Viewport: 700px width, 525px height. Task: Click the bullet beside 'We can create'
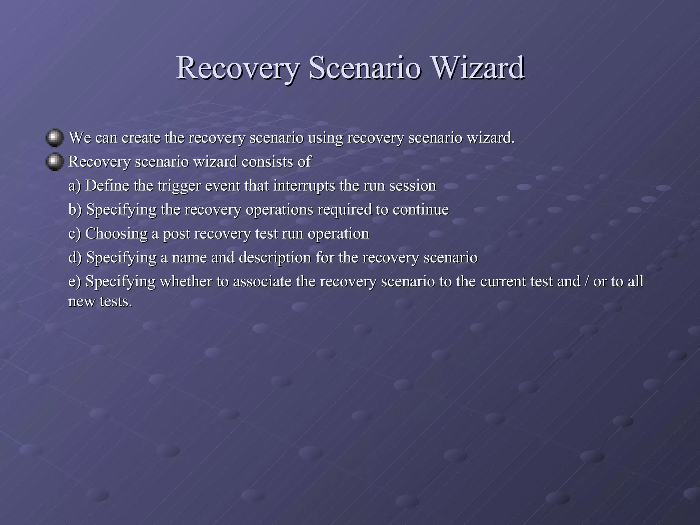tap(55, 138)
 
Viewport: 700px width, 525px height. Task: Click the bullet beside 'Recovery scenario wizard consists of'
tap(55, 162)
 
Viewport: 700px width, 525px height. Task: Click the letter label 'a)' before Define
tap(75, 186)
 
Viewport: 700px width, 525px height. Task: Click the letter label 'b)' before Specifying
tap(75, 210)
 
